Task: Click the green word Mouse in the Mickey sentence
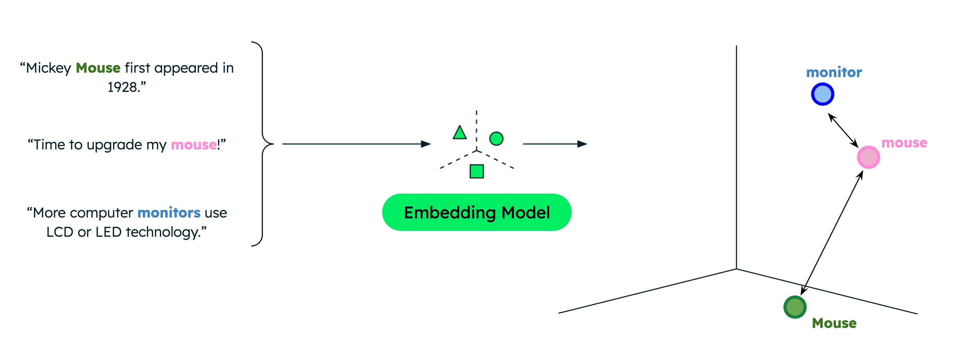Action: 98,68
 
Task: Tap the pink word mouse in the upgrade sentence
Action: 193,145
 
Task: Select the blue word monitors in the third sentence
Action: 169,213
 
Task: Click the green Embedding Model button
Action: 477,213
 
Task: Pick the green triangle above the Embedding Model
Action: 459,134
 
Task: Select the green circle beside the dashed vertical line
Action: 496,139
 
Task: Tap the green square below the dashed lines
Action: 477,172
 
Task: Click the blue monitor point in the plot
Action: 822,94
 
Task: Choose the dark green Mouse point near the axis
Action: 795,307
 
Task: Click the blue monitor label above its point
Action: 834,72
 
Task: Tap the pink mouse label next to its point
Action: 904,143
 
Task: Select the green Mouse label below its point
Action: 834,323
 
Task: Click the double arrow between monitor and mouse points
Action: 843,131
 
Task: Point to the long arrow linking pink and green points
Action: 832,233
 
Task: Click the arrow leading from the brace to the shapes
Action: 356,144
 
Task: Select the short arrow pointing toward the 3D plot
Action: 554,144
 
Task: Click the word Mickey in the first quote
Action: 48,68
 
